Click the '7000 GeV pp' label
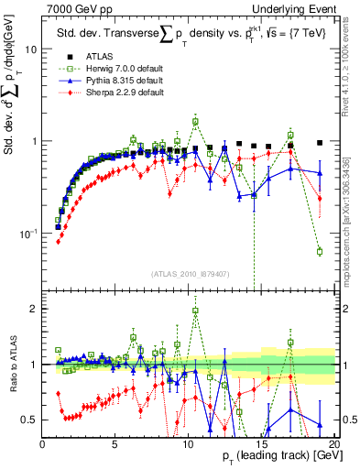tap(72, 8)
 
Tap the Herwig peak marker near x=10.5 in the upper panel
tap(195, 121)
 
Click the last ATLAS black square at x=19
tap(320, 143)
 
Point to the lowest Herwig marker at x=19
tap(320, 251)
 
